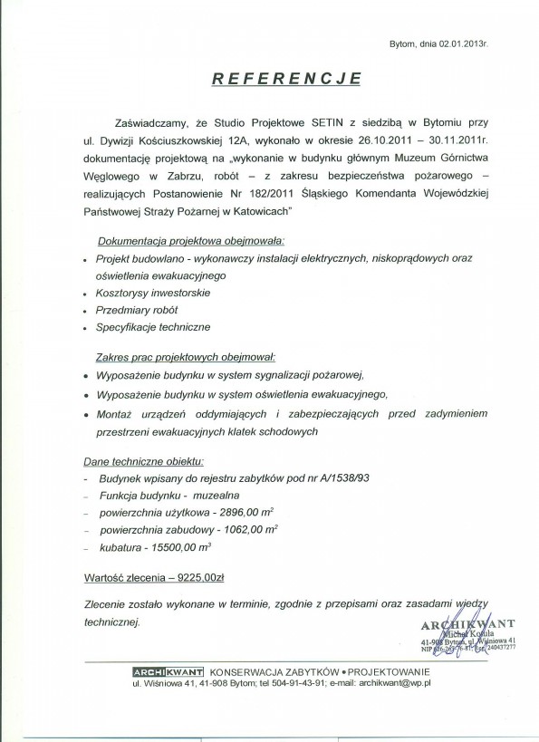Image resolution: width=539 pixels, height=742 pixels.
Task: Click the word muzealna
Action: point(217,496)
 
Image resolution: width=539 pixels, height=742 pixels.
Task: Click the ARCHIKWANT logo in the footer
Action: point(168,671)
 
